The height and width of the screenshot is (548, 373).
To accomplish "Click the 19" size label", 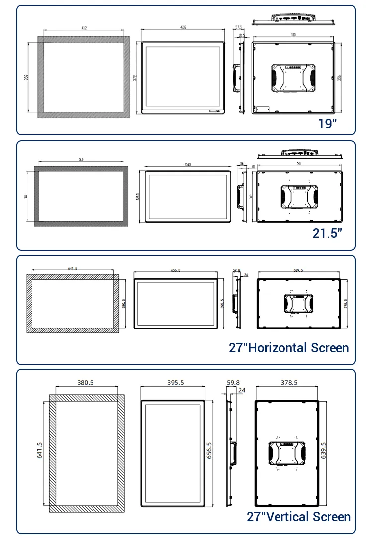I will (328, 123).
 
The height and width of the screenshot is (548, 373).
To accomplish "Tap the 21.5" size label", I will (327, 233).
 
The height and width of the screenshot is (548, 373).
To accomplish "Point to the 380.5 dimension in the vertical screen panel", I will (86, 383).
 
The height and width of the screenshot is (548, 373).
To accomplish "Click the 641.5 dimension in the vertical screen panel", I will (40, 450).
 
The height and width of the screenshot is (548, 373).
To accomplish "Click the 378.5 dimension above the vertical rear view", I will (286, 383).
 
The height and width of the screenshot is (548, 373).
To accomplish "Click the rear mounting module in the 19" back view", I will (293, 78).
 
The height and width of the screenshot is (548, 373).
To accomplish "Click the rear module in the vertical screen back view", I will (286, 453).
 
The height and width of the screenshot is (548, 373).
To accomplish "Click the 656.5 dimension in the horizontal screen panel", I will (176, 270).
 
